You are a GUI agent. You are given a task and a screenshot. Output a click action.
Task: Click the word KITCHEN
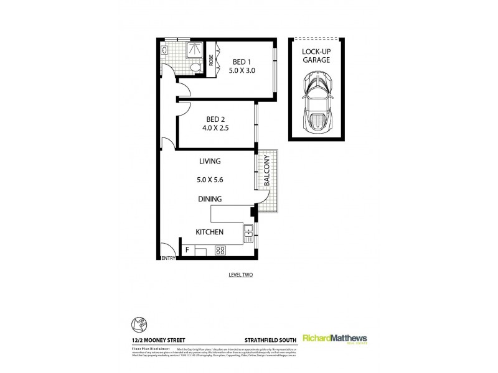coord(210,232)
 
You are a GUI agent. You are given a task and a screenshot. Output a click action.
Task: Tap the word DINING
coord(210,200)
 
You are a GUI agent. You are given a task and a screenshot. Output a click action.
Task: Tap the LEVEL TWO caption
coord(240,274)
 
